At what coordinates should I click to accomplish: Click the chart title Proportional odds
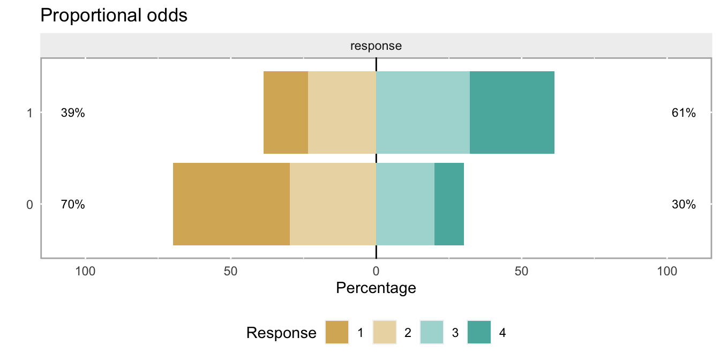click(114, 16)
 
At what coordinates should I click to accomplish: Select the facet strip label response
click(376, 46)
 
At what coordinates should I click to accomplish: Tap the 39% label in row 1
click(73, 113)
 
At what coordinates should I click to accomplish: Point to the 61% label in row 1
click(684, 113)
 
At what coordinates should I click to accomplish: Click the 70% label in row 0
click(73, 205)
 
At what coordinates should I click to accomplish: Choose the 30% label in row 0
click(684, 205)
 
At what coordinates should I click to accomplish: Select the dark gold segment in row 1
click(286, 112)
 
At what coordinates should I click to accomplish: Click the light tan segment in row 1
click(342, 112)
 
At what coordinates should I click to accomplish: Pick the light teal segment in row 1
click(423, 112)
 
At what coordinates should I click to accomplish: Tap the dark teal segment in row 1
click(512, 112)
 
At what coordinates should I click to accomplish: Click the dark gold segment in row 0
click(231, 204)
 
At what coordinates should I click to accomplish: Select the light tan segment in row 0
click(333, 204)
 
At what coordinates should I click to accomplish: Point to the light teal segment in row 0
click(406, 204)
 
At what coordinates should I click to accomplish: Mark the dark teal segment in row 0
click(449, 204)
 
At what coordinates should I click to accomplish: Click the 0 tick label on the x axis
click(376, 272)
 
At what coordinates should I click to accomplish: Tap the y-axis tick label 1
click(30, 113)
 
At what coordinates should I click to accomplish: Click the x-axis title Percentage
click(376, 288)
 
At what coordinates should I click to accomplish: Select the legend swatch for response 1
click(337, 332)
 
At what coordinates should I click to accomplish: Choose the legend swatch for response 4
click(479, 332)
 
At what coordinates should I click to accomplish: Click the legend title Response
click(281, 333)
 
